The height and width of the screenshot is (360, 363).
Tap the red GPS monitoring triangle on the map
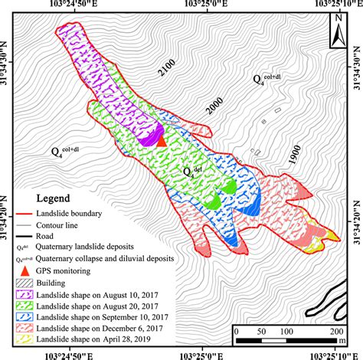point(161,139)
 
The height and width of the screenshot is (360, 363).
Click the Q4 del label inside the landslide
point(191,169)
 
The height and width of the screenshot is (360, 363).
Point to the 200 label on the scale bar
point(335,330)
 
